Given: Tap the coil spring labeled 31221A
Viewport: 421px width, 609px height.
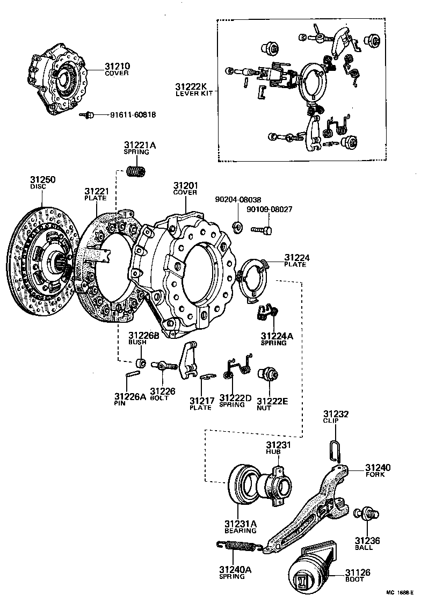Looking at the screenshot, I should pyautogui.click(x=136, y=172).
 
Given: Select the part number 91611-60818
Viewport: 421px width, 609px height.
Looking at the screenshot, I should pyautogui.click(x=133, y=115).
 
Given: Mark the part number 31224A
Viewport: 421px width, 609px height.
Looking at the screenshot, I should pyautogui.click(x=274, y=336).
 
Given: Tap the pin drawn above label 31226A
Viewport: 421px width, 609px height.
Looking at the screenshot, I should pyautogui.click(x=133, y=378).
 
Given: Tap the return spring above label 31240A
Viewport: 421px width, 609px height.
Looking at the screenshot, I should pyautogui.click(x=239, y=546).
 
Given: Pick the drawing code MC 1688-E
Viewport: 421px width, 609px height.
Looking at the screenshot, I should pyautogui.click(x=398, y=593).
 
